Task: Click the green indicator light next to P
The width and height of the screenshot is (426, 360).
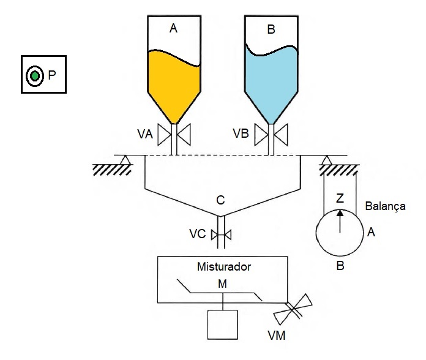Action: pyautogui.click(x=35, y=75)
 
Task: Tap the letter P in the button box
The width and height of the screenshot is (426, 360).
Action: pyautogui.click(x=52, y=75)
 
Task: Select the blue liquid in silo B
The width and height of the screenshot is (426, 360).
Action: pyautogui.click(x=270, y=80)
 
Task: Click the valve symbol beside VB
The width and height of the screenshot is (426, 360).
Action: pyautogui.click(x=270, y=134)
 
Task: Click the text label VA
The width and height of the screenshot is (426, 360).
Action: pyautogui.click(x=146, y=133)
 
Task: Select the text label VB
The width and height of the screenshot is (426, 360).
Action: pyautogui.click(x=241, y=133)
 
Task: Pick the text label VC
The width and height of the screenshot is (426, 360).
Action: pyautogui.click(x=197, y=233)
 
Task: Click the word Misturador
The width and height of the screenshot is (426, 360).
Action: pyautogui.click(x=223, y=267)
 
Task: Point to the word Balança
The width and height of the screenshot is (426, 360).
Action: pyautogui.click(x=385, y=206)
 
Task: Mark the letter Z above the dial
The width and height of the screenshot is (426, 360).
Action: pyautogui.click(x=340, y=198)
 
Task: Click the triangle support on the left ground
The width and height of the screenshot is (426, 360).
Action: pyautogui.click(x=125, y=160)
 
